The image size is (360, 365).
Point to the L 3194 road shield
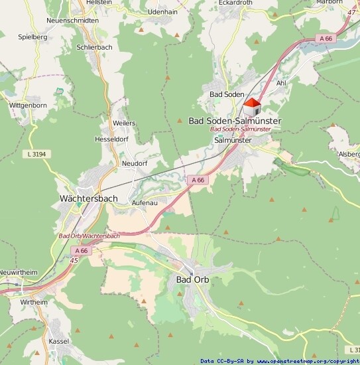pyautogui.click(x=36, y=154)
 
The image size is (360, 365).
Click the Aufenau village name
pyautogui.click(x=145, y=202)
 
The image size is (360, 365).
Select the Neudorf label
pyautogui.click(x=134, y=163)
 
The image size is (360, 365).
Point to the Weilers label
pyautogui.click(x=124, y=123)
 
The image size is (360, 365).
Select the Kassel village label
pyautogui.click(x=59, y=340)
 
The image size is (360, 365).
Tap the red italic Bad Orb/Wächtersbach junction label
pyautogui.click(x=89, y=236)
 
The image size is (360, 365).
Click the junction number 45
pyautogui.click(x=54, y=259)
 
